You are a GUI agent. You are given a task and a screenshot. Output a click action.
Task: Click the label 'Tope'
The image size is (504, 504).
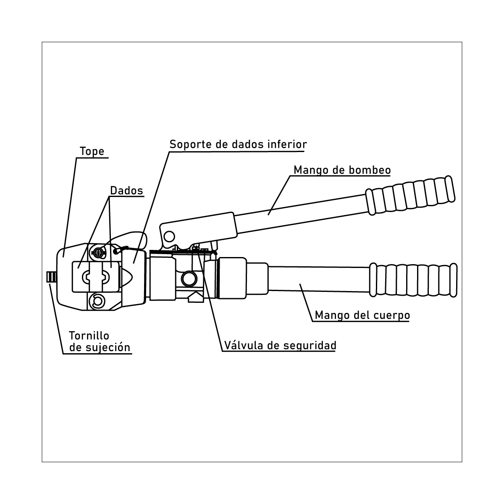tap(92, 152)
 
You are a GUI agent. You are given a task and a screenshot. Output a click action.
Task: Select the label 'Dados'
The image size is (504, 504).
tap(126, 190)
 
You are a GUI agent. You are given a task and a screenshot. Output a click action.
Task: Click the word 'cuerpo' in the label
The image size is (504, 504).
tap(392, 315)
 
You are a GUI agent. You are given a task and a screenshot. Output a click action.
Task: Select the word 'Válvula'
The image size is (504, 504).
tap(243, 345)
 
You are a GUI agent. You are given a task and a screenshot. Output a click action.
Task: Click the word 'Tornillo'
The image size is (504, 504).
tap(89, 336)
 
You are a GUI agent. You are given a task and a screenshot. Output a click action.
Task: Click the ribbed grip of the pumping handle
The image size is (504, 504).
tap(410, 195)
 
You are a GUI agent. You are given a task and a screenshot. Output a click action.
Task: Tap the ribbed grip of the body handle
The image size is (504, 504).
tap(413, 280)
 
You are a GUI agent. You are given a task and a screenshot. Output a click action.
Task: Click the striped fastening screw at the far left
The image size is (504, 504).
tap(51, 277)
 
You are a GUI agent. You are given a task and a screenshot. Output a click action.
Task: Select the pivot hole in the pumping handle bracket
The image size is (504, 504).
tap(169, 236)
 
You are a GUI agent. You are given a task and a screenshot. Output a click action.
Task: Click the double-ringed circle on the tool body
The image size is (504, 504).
tap(189, 278)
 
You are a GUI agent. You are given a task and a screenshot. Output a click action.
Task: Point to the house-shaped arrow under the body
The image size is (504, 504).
tap(196, 297)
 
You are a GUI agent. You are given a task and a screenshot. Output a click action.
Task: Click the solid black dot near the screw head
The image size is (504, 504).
tap(115, 252)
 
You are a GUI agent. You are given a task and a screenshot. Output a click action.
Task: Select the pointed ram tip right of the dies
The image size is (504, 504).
tap(126, 277)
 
